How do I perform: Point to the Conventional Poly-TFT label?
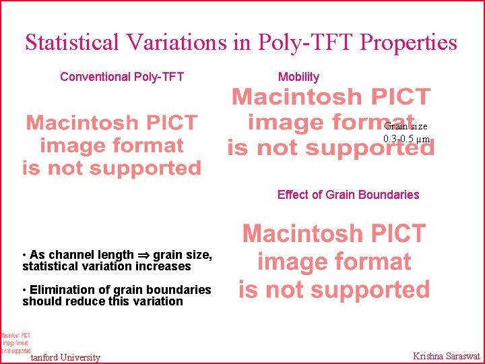pos(122,77)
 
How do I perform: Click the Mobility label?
pos(298,77)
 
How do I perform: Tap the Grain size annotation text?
pos(406,126)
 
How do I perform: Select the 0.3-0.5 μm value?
pos(406,139)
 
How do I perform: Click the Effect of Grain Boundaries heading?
pos(348,195)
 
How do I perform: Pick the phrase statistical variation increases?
pos(106,266)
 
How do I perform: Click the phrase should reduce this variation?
pos(102,301)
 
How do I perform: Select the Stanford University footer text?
pos(65,357)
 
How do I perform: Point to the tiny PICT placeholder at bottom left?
pos(15,342)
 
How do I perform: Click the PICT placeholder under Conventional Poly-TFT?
pos(112,145)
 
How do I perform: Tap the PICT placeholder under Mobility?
pos(331,122)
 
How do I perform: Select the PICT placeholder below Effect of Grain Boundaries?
pos(334,262)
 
